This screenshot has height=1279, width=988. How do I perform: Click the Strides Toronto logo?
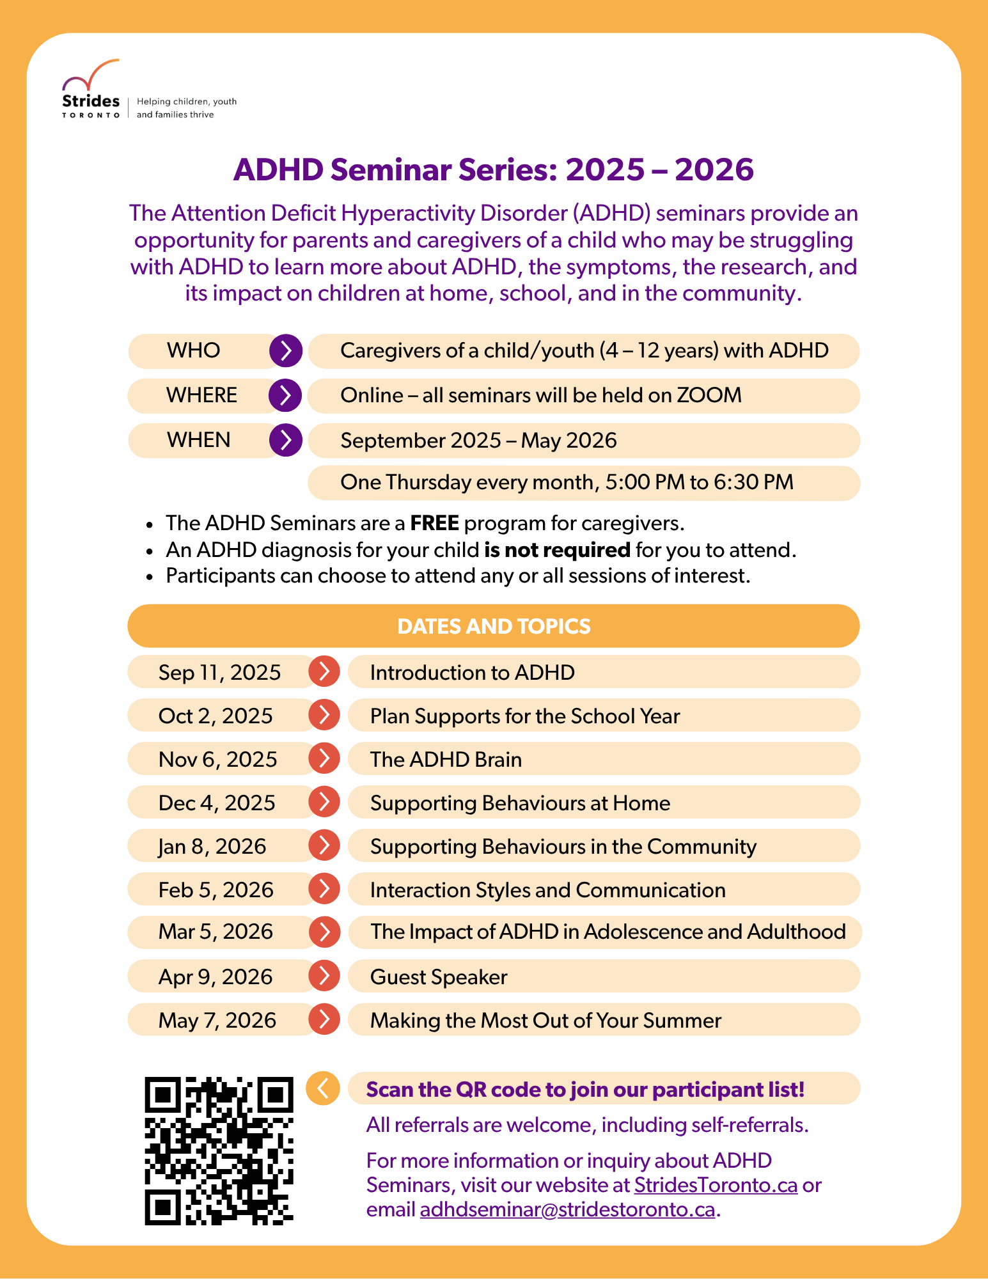point(91,90)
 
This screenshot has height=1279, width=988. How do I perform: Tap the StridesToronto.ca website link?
point(716,1185)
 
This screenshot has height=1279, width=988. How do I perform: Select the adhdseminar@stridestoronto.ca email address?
point(567,1210)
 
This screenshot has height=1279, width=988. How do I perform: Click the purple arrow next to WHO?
point(285,350)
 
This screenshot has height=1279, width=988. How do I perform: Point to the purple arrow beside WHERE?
point(285,395)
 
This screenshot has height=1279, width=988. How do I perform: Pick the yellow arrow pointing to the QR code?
point(323,1088)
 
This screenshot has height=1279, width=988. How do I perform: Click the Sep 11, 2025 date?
point(219,672)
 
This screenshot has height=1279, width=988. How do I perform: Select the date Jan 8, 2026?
point(212,846)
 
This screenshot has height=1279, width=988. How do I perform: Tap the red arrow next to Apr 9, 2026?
point(324,976)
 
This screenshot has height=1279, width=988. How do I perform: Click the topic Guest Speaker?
point(439,977)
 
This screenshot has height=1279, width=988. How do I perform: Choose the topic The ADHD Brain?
point(446,760)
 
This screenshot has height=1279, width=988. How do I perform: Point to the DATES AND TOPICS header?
point(494,626)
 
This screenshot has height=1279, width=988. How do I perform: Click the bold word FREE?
point(434,523)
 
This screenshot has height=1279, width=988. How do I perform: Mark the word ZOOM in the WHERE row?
point(709,395)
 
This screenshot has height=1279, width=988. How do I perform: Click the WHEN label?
point(198,440)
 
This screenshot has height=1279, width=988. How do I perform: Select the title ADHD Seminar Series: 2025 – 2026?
point(494,169)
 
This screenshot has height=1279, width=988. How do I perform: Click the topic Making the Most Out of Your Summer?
point(545,1021)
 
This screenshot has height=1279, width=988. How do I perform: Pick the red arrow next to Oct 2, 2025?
point(324,715)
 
